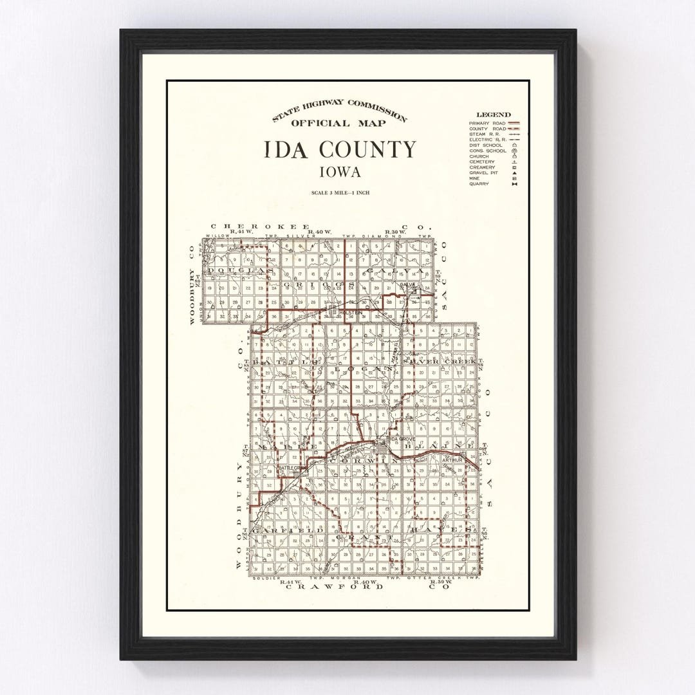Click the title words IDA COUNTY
(340, 150)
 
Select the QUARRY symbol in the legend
(514, 184)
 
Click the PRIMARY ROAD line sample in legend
(514, 123)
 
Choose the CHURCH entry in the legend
(479, 156)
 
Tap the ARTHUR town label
(453, 459)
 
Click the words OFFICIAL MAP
(339, 124)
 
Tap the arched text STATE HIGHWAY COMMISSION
(339, 109)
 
